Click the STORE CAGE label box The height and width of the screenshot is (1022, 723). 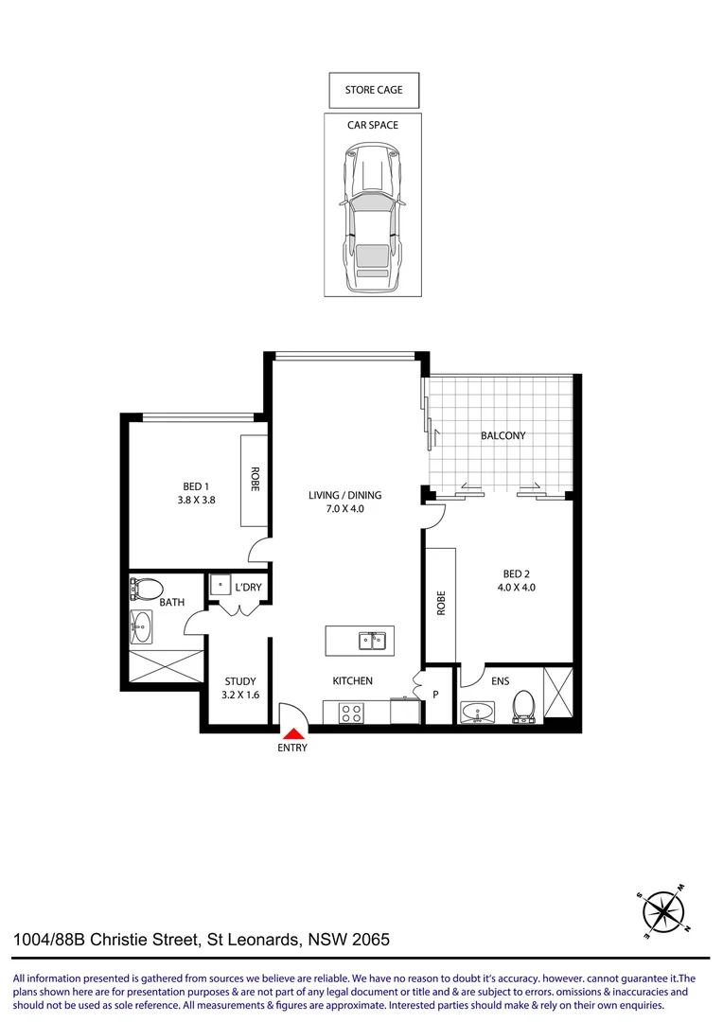(374, 90)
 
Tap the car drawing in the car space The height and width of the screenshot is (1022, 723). (374, 219)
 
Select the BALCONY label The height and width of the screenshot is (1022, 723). (503, 436)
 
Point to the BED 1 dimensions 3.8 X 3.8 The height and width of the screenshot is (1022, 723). (197, 500)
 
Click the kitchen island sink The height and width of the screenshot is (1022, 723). (371, 642)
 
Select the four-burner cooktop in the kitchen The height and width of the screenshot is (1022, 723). (351, 712)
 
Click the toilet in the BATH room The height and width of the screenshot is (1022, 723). (148, 590)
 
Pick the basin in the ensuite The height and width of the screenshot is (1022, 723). (475, 713)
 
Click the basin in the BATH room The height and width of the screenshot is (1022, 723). (141, 626)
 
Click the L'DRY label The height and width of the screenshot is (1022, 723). (248, 588)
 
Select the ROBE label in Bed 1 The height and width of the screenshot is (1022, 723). (255, 480)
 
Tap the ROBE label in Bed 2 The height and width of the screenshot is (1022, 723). (441, 604)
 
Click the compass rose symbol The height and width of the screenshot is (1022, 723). (663, 911)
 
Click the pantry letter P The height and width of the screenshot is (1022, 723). (435, 695)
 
